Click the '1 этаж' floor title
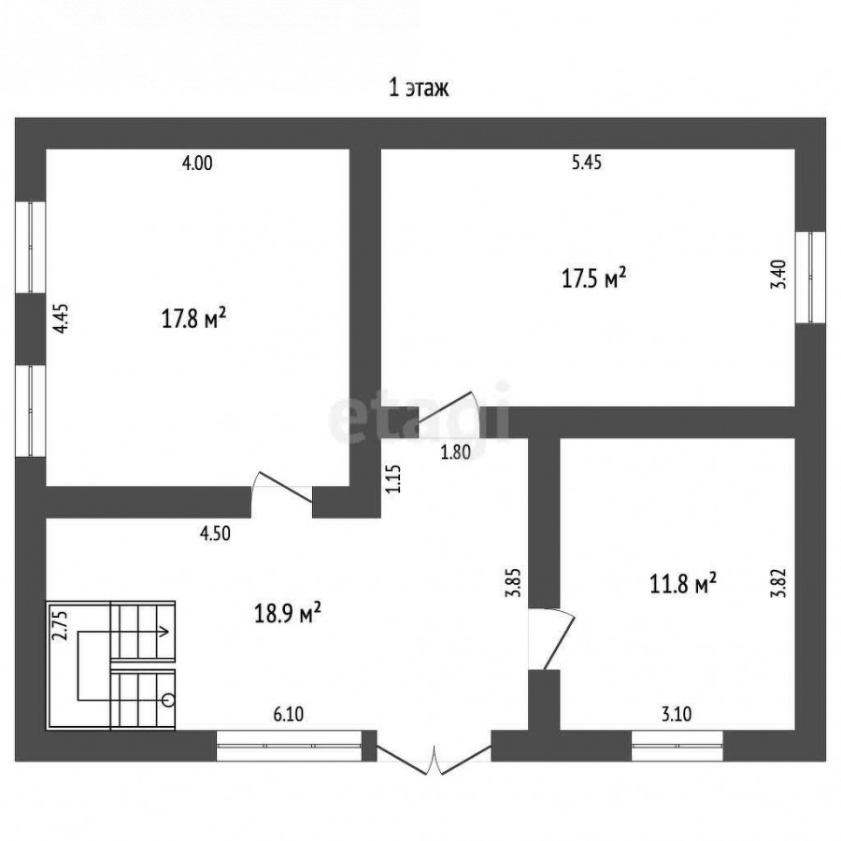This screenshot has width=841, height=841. pos(419,89)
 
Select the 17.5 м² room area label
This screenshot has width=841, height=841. pos(594,278)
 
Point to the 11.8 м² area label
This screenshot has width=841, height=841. pos(683,583)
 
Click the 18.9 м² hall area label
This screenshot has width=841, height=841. pos(288,613)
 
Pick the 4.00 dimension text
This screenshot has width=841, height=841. pos(197,163)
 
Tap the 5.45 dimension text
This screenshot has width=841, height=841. pos(587,162)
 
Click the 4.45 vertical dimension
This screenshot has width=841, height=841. pos(63,319)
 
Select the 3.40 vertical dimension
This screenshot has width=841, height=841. pos(778,275)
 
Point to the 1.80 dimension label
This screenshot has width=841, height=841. pos(455,452)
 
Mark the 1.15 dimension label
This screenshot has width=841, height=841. pos(393,479)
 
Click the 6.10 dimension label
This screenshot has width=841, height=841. pos(289,715)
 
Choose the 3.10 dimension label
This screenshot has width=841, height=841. pos(677,715)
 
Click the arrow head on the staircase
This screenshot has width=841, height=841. pos(165,632)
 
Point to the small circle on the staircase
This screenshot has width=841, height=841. pos(168,700)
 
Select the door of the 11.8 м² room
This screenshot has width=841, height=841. pos(552,639)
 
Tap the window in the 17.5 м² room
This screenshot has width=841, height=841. pos(810,278)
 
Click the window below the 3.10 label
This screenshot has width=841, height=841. pos(677,746)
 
